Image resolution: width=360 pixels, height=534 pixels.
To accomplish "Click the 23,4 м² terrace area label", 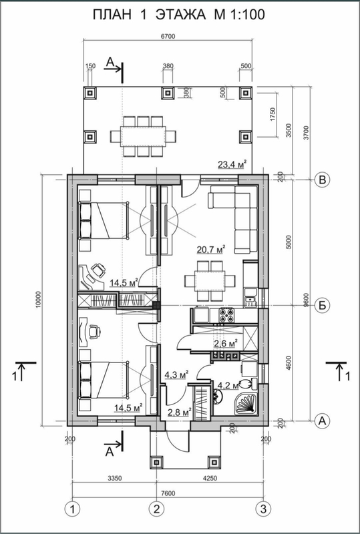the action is (x=232, y=164).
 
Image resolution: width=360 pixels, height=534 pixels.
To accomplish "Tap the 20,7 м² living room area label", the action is (x=212, y=250).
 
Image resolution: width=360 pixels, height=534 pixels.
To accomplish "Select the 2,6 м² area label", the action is (x=225, y=344).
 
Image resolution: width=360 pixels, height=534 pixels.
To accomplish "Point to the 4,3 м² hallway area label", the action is (x=176, y=375).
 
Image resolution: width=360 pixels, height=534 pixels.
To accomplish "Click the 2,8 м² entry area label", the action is (x=179, y=413).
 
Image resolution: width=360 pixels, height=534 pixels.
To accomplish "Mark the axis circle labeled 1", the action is (x=72, y=509).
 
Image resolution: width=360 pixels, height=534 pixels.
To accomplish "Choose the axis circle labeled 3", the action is (x=263, y=509).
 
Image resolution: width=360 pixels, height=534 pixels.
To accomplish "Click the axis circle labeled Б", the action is (x=322, y=305).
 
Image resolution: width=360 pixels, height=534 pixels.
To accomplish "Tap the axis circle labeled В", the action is (x=322, y=180).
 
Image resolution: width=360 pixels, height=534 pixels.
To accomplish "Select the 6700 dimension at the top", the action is (x=168, y=37).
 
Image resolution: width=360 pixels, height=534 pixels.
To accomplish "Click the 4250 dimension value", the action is (x=210, y=479).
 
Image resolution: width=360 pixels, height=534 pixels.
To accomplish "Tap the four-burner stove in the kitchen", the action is (x=226, y=315).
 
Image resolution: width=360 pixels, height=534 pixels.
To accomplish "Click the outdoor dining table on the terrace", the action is (x=143, y=136).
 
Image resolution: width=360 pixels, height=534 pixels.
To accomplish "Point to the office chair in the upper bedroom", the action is (x=98, y=270).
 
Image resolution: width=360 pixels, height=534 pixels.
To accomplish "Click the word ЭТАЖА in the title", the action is (x=180, y=15).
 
